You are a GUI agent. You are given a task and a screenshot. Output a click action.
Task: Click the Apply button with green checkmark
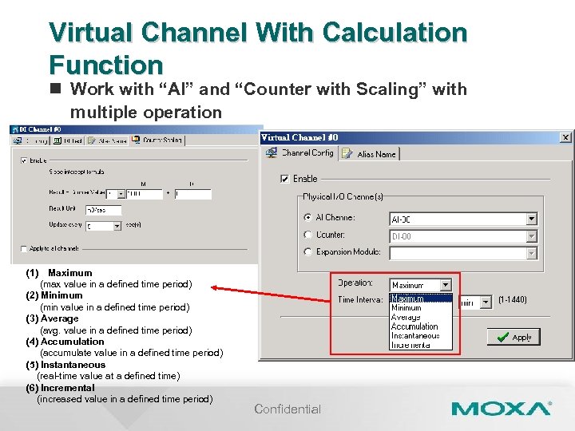click(x=514, y=337)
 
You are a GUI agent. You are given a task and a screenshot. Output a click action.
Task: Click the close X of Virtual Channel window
click(x=565, y=137)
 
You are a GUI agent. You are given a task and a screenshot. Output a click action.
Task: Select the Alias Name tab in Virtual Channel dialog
click(x=375, y=154)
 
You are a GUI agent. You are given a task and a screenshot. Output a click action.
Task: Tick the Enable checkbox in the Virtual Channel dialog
click(x=285, y=179)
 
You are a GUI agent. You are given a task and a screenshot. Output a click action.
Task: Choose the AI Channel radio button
click(x=308, y=217)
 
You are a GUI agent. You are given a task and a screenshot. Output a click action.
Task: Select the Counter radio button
click(x=308, y=235)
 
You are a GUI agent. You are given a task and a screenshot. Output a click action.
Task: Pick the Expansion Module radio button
click(x=308, y=252)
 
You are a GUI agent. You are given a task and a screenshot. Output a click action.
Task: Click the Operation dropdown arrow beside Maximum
click(x=446, y=284)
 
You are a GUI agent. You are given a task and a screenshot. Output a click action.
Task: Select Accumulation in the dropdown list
click(x=414, y=326)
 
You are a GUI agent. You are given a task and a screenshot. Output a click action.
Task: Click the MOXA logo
click(x=501, y=409)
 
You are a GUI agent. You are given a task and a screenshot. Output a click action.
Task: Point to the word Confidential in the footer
click(x=287, y=409)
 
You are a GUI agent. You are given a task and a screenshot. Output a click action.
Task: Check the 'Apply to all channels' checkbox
click(x=23, y=248)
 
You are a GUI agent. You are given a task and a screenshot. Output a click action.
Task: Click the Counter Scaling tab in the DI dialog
click(x=158, y=140)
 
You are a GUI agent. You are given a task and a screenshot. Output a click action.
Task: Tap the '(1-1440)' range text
click(x=512, y=300)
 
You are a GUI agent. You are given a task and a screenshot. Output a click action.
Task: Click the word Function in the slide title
click(x=105, y=64)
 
